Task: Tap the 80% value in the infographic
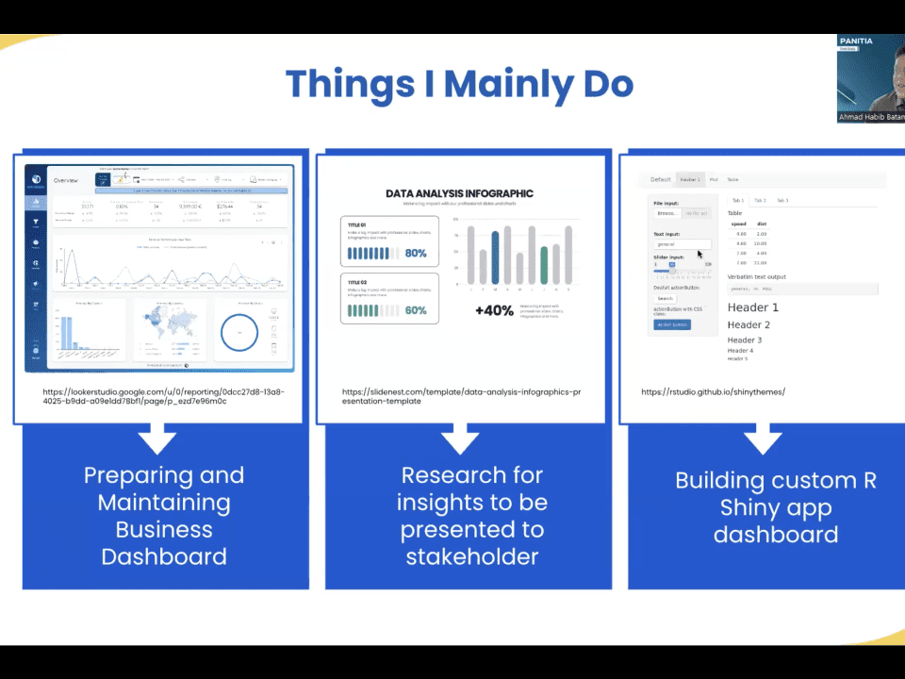click(416, 254)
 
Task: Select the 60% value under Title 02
click(416, 310)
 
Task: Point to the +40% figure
click(493, 309)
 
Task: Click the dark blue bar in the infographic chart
click(495, 257)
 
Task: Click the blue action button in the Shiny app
click(673, 324)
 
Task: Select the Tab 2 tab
click(759, 200)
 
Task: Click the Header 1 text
click(753, 307)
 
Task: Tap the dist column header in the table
click(762, 224)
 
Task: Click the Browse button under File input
click(667, 213)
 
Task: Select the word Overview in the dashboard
click(66, 179)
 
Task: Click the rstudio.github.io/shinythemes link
click(713, 391)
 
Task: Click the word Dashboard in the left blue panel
click(164, 556)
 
